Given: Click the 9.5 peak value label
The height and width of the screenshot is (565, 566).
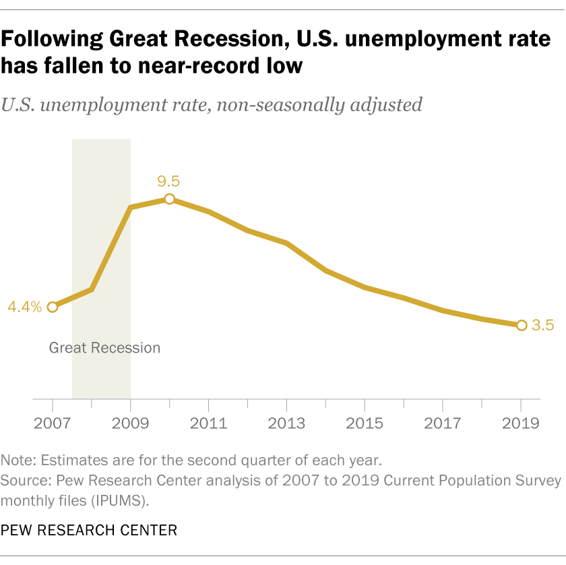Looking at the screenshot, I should click(169, 181).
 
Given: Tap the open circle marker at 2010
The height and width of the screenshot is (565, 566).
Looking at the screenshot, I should click(169, 199).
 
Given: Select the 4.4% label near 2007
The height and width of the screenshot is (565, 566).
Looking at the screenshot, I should click(25, 307).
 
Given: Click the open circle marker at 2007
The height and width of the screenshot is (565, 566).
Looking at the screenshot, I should click(53, 307).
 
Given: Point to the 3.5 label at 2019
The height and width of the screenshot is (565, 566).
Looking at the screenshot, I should click(542, 326).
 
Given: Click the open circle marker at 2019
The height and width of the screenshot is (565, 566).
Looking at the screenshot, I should click(522, 326).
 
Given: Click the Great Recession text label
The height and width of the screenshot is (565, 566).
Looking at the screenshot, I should click(105, 348).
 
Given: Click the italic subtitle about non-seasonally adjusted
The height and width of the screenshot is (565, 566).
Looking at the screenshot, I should click(212, 105).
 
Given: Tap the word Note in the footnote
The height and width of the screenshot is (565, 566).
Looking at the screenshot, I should click(18, 462).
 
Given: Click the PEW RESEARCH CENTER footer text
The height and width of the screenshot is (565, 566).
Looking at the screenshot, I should click(89, 531).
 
